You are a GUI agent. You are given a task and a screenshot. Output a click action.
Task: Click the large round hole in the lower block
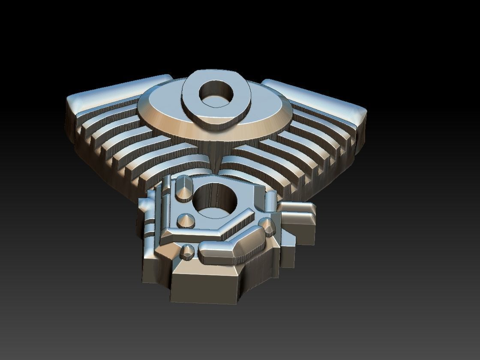216,201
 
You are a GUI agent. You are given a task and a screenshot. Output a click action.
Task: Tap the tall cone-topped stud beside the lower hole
184,189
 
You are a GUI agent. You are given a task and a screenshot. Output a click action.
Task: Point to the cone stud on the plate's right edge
268,226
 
